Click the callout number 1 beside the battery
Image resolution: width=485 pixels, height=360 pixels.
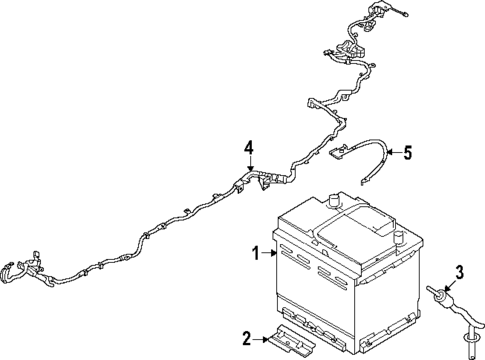255,252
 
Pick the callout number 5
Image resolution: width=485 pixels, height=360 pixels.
406,153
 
